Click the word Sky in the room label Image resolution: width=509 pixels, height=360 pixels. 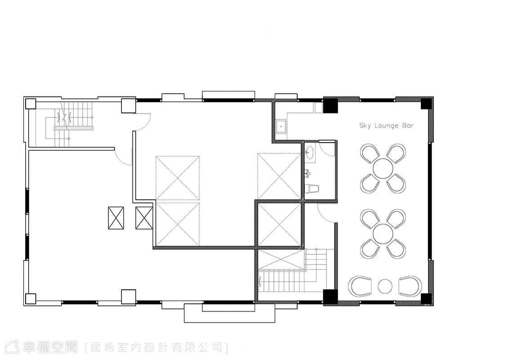365,126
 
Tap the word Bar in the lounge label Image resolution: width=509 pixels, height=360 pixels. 408,126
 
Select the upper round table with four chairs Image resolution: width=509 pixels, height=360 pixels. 383,168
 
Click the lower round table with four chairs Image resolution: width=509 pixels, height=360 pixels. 383,234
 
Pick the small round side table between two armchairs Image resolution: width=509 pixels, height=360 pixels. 385,286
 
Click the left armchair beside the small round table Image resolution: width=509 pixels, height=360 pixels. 360,286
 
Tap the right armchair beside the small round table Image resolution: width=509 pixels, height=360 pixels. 411,286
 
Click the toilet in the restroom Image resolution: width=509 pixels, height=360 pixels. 313,189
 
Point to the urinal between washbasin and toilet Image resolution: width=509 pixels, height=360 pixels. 308,173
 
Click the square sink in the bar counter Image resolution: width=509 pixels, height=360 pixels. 281,126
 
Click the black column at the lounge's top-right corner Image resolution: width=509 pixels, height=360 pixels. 426,103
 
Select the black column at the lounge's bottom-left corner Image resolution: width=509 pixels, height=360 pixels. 331,297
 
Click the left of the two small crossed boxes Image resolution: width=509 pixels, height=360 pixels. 116,218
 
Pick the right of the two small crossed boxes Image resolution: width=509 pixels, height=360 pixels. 144,218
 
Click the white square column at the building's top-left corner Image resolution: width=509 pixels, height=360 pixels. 31,103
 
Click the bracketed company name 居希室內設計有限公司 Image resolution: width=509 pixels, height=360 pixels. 156,348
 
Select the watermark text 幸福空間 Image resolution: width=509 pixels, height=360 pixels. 50,347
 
